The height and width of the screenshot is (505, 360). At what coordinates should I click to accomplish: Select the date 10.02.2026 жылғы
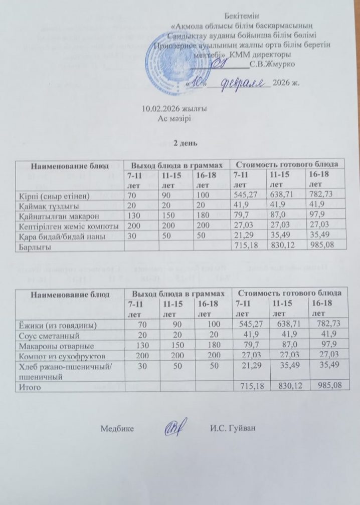click(x=167, y=109)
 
